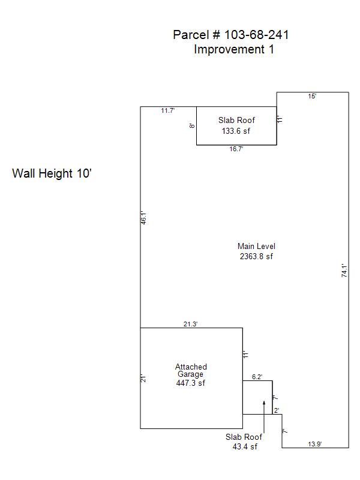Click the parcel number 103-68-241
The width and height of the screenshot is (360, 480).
(257, 35)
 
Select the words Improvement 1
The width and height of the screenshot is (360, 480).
(234, 49)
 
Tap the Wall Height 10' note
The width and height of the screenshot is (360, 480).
(52, 173)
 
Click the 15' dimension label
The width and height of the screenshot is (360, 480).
(312, 96)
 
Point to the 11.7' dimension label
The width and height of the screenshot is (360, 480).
(168, 110)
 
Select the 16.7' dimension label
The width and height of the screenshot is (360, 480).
(236, 149)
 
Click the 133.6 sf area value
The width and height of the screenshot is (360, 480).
(236, 131)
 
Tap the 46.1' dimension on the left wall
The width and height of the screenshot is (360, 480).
(143, 218)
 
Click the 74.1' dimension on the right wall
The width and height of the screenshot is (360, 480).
(344, 271)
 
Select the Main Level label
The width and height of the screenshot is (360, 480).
(256, 246)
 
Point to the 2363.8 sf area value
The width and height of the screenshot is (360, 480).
(256, 256)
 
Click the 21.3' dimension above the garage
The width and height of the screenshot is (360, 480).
(190, 324)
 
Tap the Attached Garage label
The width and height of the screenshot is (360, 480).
(191, 370)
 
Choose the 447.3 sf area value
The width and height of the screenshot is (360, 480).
(190, 383)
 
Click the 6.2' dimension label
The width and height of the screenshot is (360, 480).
(257, 377)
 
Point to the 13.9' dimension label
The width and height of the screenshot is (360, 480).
(314, 444)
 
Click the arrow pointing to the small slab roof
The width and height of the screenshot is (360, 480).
(264, 416)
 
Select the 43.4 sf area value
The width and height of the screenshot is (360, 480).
(245, 446)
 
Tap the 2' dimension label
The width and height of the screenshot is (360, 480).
(277, 410)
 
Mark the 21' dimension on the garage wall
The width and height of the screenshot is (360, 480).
(143, 379)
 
